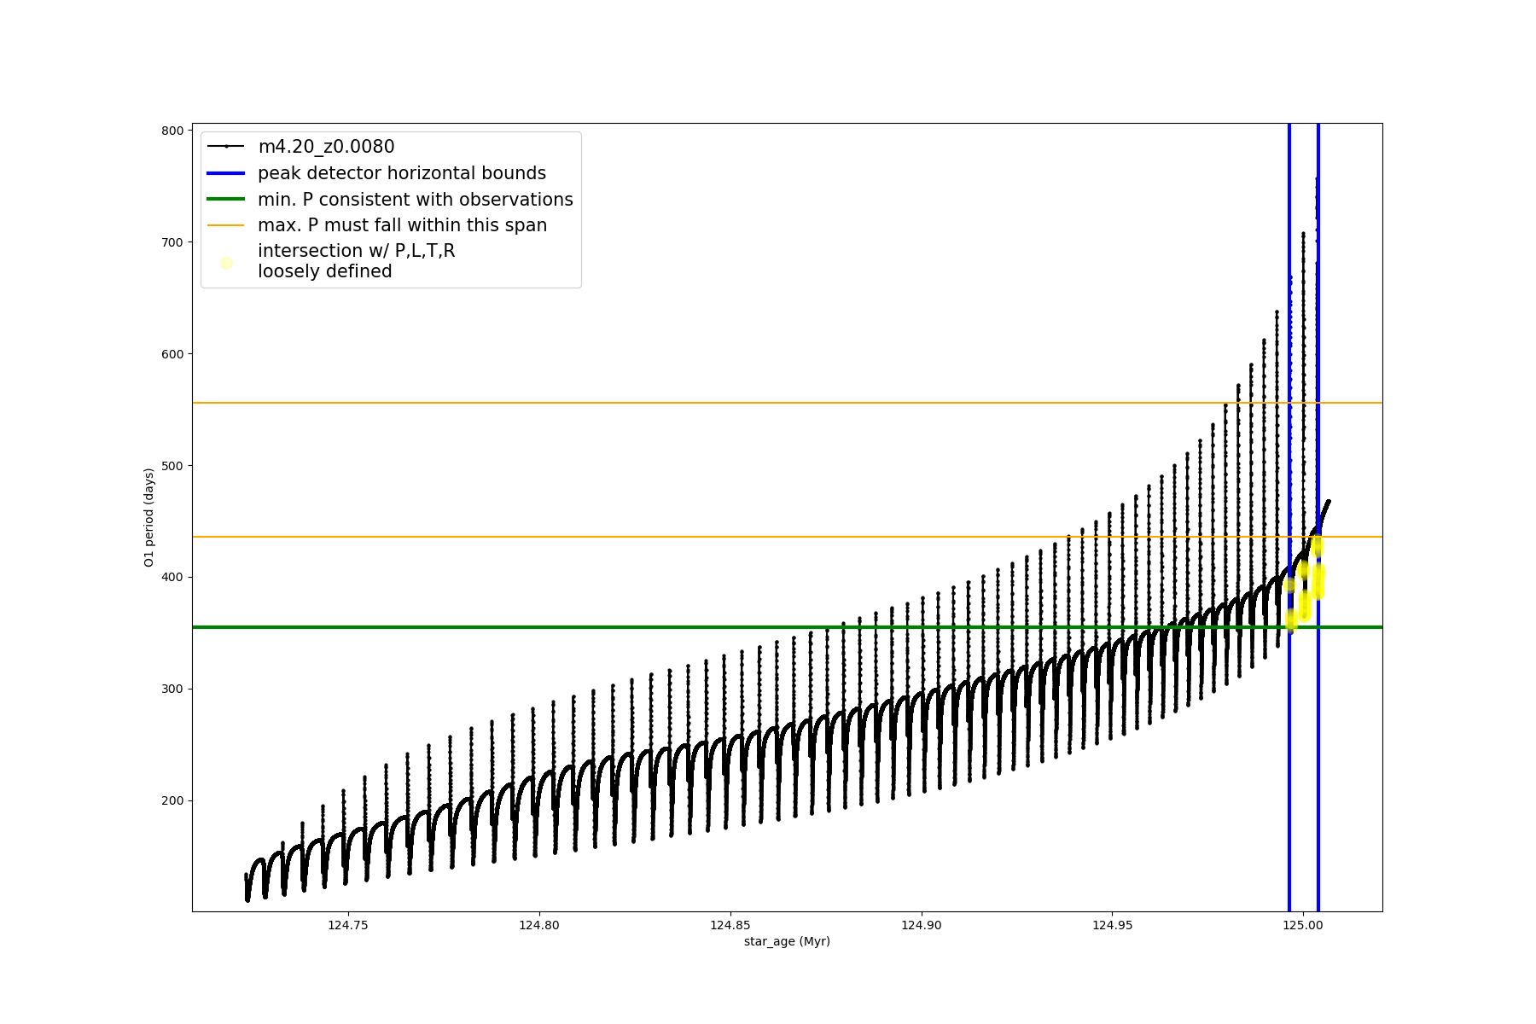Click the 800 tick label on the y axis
tap(172, 131)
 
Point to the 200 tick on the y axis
tap(172, 800)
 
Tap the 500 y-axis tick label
tap(172, 466)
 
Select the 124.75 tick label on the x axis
tap(348, 925)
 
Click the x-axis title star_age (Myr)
tap(787, 941)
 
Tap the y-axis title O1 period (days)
tap(149, 517)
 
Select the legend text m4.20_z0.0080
tap(326, 147)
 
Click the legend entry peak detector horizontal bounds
tap(402, 173)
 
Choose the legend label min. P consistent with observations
tap(416, 200)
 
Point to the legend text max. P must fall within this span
tap(402, 225)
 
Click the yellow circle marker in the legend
tap(226, 263)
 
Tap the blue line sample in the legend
tap(226, 173)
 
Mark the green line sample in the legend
tap(226, 200)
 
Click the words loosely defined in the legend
tap(325, 271)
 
